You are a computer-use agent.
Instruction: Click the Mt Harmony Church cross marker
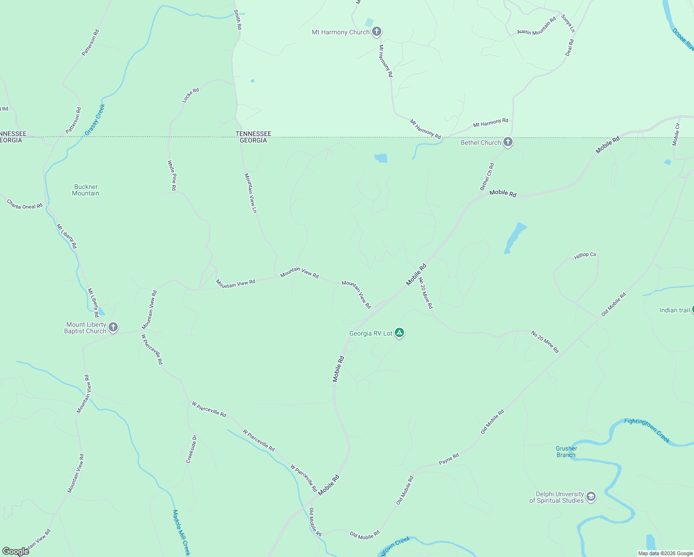[377, 32]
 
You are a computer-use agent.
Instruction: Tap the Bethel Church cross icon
[508, 142]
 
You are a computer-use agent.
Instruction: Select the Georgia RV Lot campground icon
[399, 333]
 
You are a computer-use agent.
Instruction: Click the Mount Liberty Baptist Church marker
[113, 328]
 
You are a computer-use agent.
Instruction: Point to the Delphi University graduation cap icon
[591, 497]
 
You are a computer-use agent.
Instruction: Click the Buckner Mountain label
[86, 190]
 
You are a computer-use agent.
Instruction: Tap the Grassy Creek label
[95, 120]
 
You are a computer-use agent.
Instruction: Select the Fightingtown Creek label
[647, 430]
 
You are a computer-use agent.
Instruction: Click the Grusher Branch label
[566, 452]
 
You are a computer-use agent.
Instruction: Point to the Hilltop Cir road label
[585, 256]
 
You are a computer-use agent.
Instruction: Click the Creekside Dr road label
[192, 449]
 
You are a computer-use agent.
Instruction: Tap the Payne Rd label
[449, 459]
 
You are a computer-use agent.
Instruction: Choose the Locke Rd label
[190, 95]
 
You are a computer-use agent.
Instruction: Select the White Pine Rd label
[172, 175]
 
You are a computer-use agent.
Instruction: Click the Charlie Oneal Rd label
[25, 204]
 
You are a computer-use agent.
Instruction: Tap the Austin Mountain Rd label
[536, 26]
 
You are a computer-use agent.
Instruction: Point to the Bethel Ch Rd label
[487, 177]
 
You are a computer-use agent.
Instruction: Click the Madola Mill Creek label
[181, 532]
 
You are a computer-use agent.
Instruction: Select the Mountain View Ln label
[251, 193]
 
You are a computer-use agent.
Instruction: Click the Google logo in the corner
[16, 551]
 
